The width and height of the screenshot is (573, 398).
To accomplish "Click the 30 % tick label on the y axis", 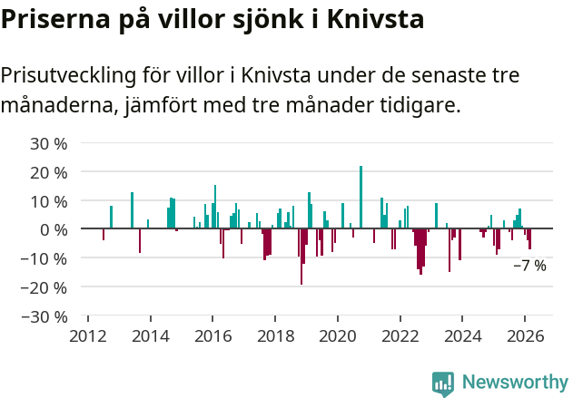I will [49, 143].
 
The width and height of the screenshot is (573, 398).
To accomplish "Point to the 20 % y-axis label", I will [49, 172].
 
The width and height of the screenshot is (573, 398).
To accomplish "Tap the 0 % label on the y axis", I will [54, 229].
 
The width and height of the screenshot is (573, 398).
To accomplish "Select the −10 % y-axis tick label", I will [45, 258].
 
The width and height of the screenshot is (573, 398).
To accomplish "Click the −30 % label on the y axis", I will [45, 316].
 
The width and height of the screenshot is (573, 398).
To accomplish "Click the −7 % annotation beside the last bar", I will [529, 267].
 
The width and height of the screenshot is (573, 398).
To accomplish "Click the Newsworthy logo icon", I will [443, 383].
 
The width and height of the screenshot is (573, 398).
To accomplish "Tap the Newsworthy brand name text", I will [515, 383].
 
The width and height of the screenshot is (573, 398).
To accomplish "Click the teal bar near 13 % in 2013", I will [132, 210].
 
